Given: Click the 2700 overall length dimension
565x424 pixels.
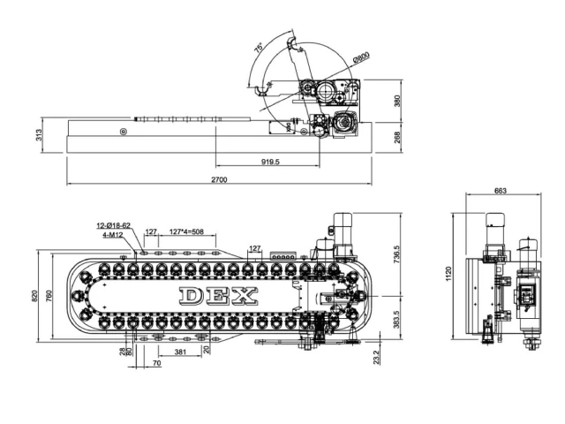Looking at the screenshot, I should [x=220, y=180].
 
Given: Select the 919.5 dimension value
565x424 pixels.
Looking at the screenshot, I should [x=270, y=163].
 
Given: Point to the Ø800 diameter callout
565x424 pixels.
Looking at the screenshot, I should [x=360, y=57].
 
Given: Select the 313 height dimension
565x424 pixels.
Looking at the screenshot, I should [x=40, y=135].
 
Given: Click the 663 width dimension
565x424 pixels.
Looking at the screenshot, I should [x=501, y=191].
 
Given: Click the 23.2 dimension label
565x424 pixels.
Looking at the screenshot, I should [x=377, y=357].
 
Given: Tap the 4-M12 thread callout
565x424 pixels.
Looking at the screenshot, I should [x=114, y=235].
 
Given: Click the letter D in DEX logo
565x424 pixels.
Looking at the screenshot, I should [x=192, y=295].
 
